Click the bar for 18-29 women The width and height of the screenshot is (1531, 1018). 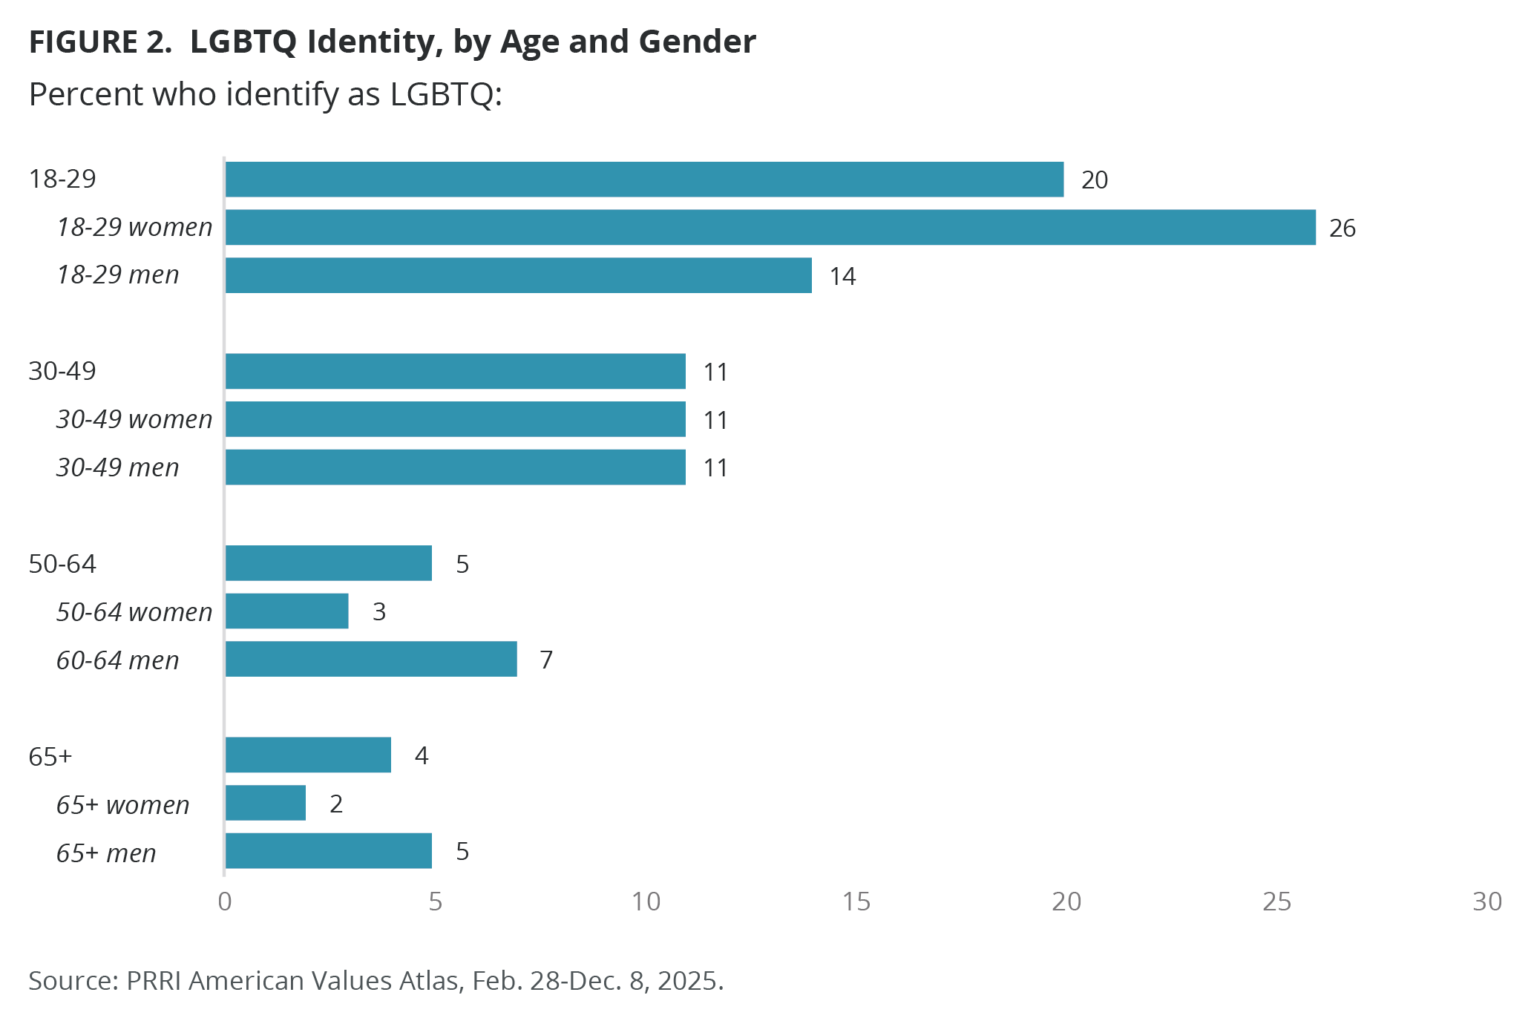pyautogui.click(x=770, y=227)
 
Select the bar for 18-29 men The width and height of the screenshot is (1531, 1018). pyautogui.click(x=518, y=275)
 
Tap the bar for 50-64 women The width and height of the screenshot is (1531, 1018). pyautogui.click(x=286, y=611)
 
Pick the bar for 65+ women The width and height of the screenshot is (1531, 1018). pyautogui.click(x=265, y=803)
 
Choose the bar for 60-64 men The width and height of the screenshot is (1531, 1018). pyautogui.click(x=370, y=659)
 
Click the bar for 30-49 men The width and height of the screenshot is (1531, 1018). pyautogui.click(x=455, y=467)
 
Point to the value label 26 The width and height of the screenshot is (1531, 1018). pyautogui.click(x=1342, y=228)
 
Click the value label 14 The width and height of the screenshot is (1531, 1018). pyautogui.click(x=842, y=276)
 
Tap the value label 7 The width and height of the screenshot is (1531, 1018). pyautogui.click(x=546, y=660)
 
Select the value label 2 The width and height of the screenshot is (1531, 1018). pyautogui.click(x=336, y=804)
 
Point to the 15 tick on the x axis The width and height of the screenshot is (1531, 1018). pyautogui.click(x=856, y=902)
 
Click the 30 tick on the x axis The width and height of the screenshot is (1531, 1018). pyautogui.click(x=1487, y=902)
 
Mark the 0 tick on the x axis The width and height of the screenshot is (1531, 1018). pyautogui.click(x=224, y=902)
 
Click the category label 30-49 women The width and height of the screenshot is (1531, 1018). pyautogui.click(x=134, y=419)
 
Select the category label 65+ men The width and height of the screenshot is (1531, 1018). pyautogui.click(x=106, y=853)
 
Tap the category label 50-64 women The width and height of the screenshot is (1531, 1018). pyautogui.click(x=134, y=612)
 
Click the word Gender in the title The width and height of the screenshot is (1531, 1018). pyautogui.click(x=697, y=42)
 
